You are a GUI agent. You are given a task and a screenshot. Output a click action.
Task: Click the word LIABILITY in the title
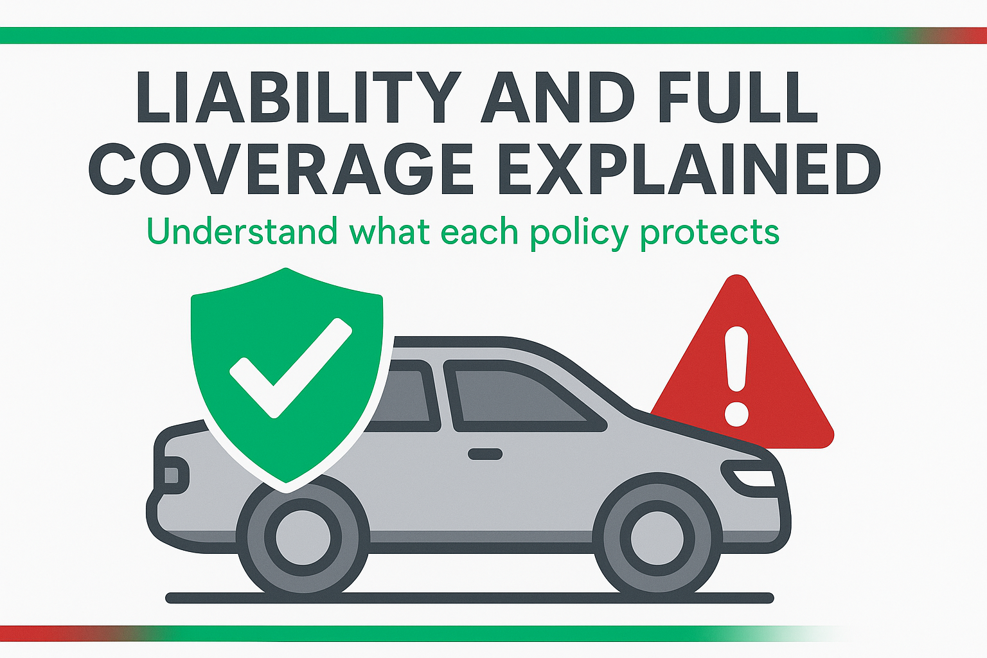point(299,97)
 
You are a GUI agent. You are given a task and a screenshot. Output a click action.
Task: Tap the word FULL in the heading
point(738,97)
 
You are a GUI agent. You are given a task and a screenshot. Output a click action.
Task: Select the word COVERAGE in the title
point(280,169)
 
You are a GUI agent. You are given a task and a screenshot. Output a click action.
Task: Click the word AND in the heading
point(558,97)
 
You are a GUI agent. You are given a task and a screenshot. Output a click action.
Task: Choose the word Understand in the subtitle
point(242,232)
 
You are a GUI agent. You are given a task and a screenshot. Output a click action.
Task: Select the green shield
point(287,379)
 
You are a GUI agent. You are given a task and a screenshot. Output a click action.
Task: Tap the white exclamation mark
point(736,376)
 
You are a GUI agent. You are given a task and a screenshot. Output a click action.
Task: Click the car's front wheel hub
point(657,538)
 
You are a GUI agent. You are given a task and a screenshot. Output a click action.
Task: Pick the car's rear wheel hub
point(303,538)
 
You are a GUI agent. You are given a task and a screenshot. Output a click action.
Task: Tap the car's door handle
point(485,454)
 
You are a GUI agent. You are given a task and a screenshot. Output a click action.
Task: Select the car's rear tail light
point(172,476)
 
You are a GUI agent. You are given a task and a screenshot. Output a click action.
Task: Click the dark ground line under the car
point(469,598)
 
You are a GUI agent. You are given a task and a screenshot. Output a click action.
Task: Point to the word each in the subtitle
point(479,232)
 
